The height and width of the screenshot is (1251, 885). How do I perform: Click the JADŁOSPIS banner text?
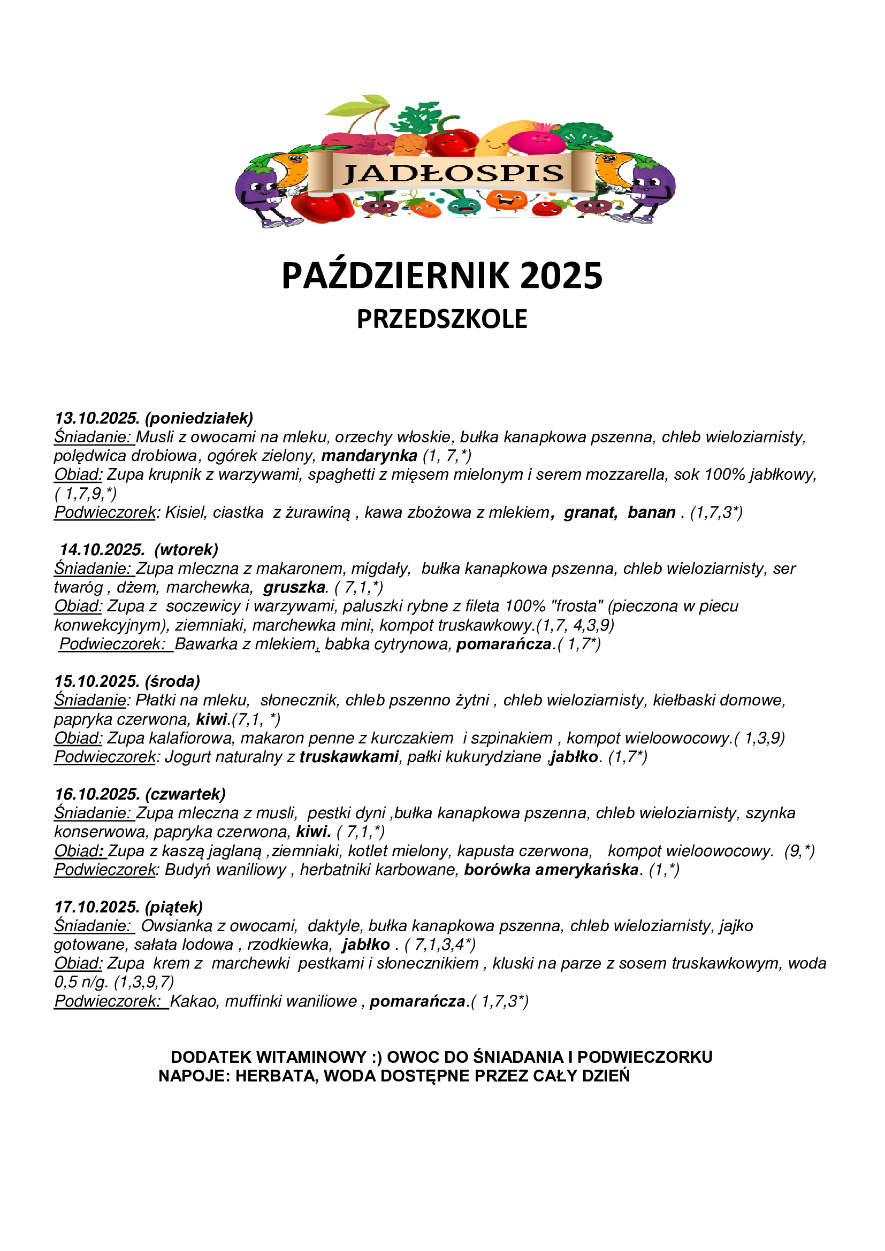click(x=452, y=174)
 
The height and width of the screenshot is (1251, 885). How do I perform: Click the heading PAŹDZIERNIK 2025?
click(x=442, y=275)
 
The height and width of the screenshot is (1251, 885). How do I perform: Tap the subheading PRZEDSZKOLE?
click(x=442, y=319)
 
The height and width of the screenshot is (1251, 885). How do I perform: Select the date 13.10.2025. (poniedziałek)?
click(x=154, y=418)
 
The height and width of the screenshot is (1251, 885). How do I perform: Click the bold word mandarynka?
click(x=369, y=456)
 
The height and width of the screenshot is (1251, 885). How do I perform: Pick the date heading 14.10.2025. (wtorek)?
click(x=139, y=549)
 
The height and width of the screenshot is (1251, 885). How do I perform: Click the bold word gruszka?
click(x=294, y=587)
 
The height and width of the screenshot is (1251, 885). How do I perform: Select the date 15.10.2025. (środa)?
click(x=127, y=681)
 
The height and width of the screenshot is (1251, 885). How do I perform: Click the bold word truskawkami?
click(x=349, y=757)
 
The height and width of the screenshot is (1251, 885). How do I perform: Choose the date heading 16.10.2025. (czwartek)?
click(x=140, y=794)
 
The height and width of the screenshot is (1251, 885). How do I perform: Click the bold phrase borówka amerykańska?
click(x=551, y=870)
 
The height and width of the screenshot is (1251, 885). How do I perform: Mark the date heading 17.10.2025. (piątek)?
click(x=128, y=907)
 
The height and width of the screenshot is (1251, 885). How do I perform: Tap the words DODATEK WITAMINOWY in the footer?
click(x=268, y=1057)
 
